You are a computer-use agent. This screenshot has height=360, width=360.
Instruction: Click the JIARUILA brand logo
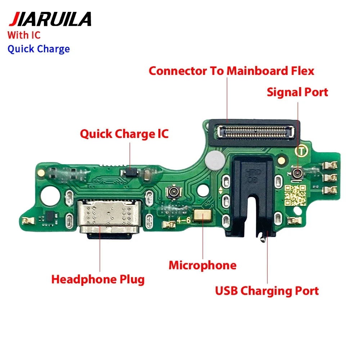[50, 19]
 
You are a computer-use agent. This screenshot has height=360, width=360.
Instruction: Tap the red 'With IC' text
[24, 35]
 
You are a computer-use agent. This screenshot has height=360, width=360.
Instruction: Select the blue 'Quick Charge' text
[39, 49]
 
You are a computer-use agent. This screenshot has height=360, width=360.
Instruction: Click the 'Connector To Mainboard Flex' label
[231, 71]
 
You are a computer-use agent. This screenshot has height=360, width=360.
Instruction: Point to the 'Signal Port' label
[297, 92]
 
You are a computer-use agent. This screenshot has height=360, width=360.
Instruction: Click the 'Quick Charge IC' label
[124, 134]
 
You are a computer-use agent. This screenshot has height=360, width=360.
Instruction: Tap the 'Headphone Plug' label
[98, 279]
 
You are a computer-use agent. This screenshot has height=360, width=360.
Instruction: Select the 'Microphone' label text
[202, 265]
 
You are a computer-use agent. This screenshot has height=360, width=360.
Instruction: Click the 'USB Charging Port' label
[267, 291]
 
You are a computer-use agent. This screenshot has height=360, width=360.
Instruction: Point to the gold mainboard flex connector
[256, 132]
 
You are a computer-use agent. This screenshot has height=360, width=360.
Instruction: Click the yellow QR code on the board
[295, 195]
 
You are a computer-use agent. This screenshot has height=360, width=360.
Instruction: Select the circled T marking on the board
[301, 151]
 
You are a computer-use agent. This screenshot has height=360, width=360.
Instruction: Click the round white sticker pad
[215, 160]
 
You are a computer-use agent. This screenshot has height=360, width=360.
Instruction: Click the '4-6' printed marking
[184, 220]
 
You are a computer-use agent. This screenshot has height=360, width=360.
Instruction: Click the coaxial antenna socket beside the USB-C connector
[174, 192]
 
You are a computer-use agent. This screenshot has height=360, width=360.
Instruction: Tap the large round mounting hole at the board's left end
[49, 196]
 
